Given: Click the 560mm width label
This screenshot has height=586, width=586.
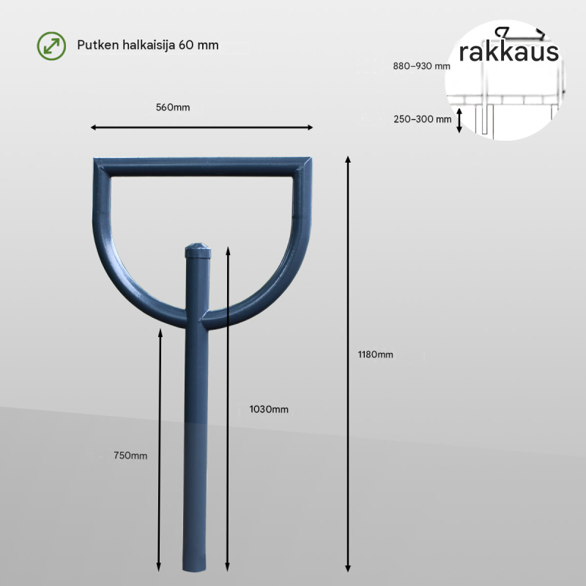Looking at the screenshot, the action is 173,108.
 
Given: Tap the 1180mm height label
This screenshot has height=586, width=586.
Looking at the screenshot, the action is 375,355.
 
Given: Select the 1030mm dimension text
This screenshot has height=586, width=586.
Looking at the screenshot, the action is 269,409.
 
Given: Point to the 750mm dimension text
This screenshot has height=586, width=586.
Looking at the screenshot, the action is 130,456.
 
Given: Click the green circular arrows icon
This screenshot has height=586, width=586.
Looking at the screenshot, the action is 51,46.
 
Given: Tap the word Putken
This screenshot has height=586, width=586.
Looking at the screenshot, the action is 97,45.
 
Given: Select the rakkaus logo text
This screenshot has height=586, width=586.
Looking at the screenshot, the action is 508,51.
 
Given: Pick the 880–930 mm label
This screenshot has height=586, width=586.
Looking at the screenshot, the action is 421,66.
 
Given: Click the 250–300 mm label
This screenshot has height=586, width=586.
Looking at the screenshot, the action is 423,119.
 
